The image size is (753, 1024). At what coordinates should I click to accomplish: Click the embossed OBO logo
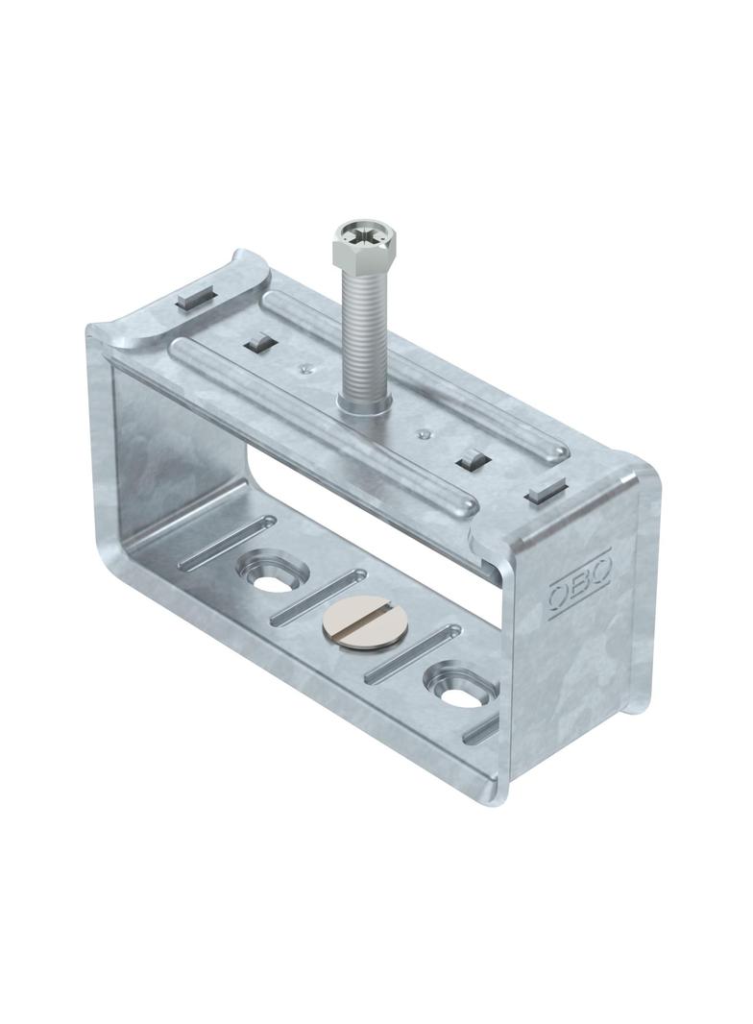click(x=578, y=589)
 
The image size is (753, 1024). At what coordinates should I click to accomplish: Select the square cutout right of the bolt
click(x=474, y=459)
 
